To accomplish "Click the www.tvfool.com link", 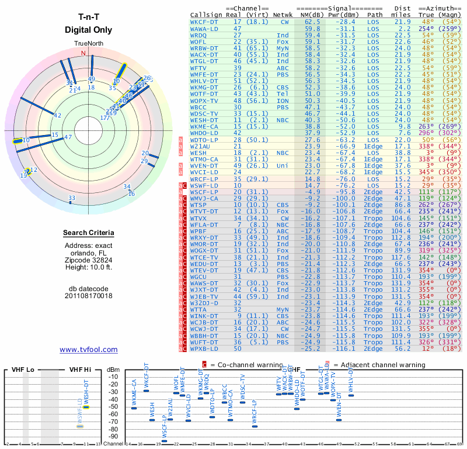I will point(89,350).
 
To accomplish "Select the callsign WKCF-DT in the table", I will point(205,21).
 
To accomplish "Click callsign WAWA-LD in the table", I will point(205,28).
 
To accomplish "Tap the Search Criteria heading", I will point(88,233).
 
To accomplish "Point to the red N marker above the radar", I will point(83,53).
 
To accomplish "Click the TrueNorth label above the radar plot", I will point(89,44).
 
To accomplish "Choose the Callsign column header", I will point(207,14).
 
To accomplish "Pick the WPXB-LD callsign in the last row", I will point(205,348).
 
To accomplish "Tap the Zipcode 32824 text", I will point(88,260).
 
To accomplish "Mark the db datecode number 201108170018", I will point(89,296).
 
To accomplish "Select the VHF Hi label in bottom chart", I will point(79,369).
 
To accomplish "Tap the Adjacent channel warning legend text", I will point(381,365).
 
